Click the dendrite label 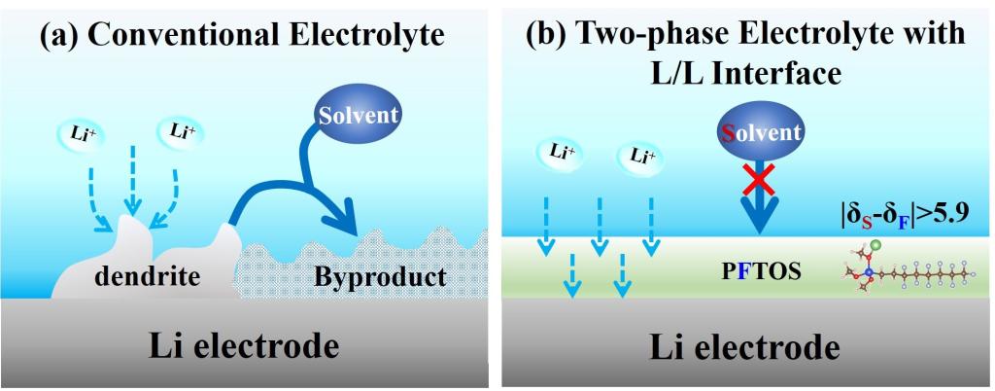click(149, 277)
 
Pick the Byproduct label click(380, 277)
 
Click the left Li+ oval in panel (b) click(559, 151)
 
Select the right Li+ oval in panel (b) click(637, 154)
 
